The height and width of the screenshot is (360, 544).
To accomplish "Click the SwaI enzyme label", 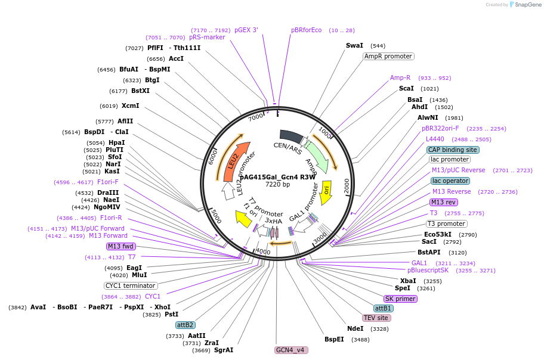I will [x=354, y=45].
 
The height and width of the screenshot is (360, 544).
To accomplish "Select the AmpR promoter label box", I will [x=388, y=56].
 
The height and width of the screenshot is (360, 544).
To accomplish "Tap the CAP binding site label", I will [x=453, y=150].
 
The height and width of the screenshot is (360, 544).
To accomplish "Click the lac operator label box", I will [x=450, y=181].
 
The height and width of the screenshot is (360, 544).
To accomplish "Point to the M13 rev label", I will [x=443, y=202].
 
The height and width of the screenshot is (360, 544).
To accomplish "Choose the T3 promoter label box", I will [x=446, y=224].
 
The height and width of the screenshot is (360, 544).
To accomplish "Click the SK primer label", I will [x=400, y=299].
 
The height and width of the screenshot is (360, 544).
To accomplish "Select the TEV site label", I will [x=376, y=318].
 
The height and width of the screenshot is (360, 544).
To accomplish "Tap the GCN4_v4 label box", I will [x=291, y=350].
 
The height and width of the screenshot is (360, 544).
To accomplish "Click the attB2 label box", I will [x=185, y=325].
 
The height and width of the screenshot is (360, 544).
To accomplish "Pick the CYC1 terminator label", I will [x=131, y=285].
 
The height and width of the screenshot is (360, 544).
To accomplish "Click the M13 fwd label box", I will [x=120, y=246].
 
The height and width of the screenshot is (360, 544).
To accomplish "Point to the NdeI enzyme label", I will [x=355, y=328].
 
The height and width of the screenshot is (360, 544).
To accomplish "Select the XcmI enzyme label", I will [x=130, y=106].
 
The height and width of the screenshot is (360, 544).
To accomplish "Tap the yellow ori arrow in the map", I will [x=326, y=189].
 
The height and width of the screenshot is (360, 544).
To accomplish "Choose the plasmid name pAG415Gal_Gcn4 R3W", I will [x=277, y=177].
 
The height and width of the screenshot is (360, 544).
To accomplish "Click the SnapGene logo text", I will [x=526, y=5].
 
